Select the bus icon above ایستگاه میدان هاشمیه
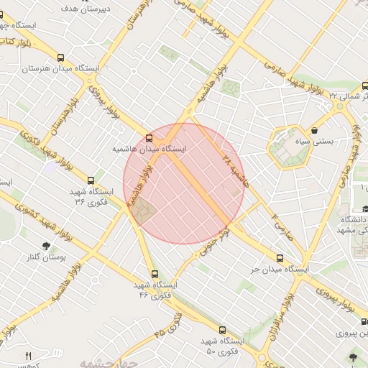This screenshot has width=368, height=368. pyautogui.click(x=149, y=137)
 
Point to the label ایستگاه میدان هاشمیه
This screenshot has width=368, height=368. pyautogui.click(x=149, y=149)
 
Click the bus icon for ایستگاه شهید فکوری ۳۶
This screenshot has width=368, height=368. pyautogui.click(x=91, y=181)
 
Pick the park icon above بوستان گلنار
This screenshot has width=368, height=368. pyautogui.click(x=47, y=245)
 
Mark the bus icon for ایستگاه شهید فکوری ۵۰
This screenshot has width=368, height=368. pyautogui.click(x=221, y=330)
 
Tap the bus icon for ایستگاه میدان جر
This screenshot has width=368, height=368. pyautogui.click(x=280, y=258)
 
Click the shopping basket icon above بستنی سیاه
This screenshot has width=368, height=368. pyautogui.click(x=316, y=130)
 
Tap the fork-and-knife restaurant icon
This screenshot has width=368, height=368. pyautogui.click(x=29, y=356)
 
